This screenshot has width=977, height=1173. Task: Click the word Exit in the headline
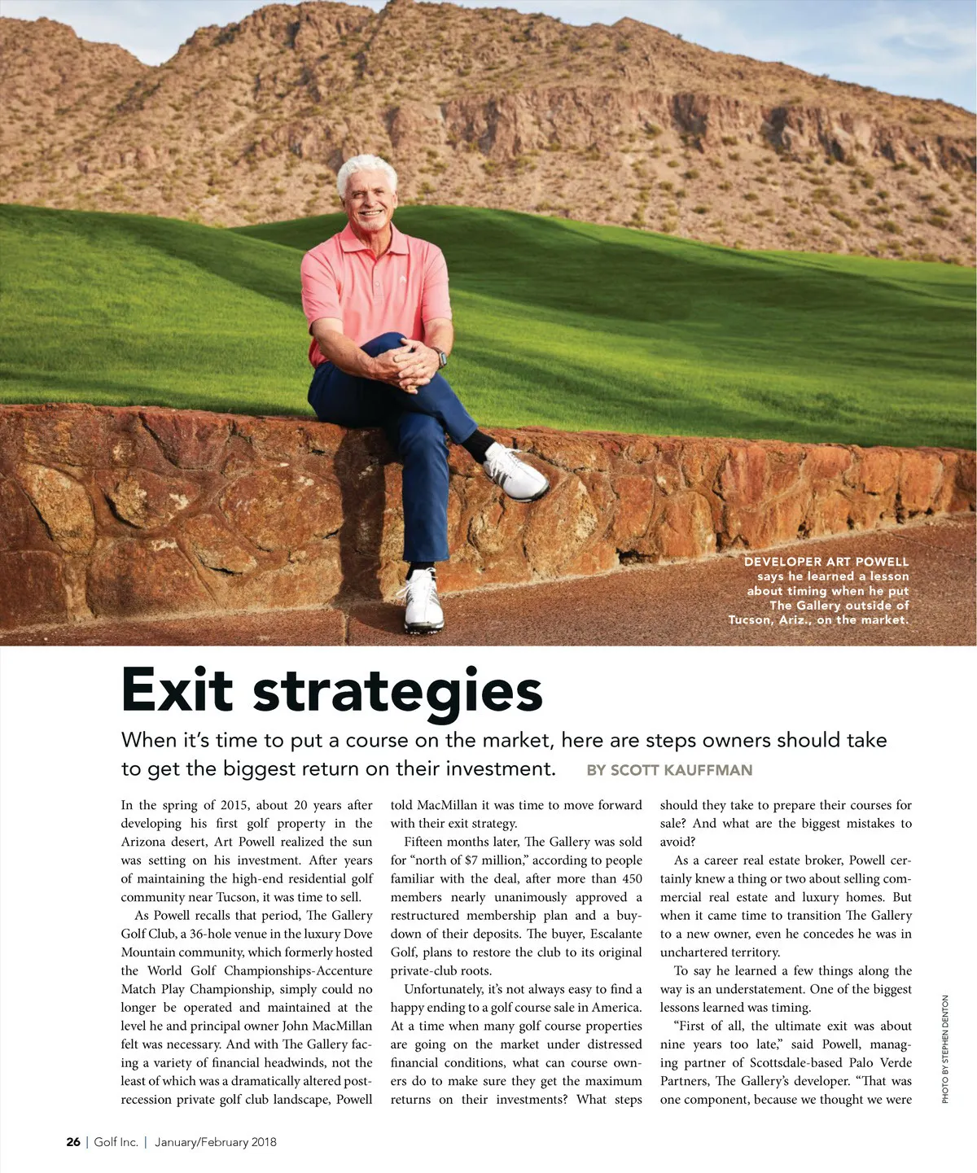coord(177,690)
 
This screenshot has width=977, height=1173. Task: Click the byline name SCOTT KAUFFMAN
coord(681,770)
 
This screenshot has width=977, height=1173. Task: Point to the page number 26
coord(73,1142)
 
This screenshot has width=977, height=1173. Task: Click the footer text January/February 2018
coord(215,1142)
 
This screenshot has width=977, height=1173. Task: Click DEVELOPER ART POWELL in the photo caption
coord(826,562)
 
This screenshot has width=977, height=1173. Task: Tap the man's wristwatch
coord(440,358)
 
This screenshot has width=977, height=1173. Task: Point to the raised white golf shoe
coord(516,472)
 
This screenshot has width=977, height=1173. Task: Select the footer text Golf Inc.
coord(116,1142)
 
